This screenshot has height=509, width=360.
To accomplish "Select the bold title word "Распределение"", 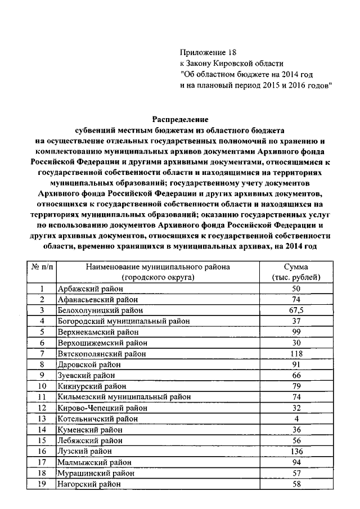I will [180, 119].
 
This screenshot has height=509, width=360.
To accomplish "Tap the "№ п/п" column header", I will [42, 267].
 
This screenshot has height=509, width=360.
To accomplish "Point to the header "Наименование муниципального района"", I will [158, 267].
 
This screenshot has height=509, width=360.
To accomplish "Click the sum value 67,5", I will [295, 310].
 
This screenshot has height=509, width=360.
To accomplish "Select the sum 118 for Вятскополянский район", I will [295, 353].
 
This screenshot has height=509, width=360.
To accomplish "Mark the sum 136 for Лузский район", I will [295, 451].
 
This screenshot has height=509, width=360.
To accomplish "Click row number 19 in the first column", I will [42, 483].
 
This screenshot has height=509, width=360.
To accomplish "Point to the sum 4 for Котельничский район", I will [295, 418].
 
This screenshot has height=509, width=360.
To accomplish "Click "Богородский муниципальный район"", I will [123, 321].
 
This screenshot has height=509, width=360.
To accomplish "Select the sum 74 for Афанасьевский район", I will [295, 299].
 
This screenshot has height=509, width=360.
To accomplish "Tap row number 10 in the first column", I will [42, 386].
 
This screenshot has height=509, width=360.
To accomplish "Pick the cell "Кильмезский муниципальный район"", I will [124, 397].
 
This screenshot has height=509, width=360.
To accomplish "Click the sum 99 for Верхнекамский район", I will [295, 332].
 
